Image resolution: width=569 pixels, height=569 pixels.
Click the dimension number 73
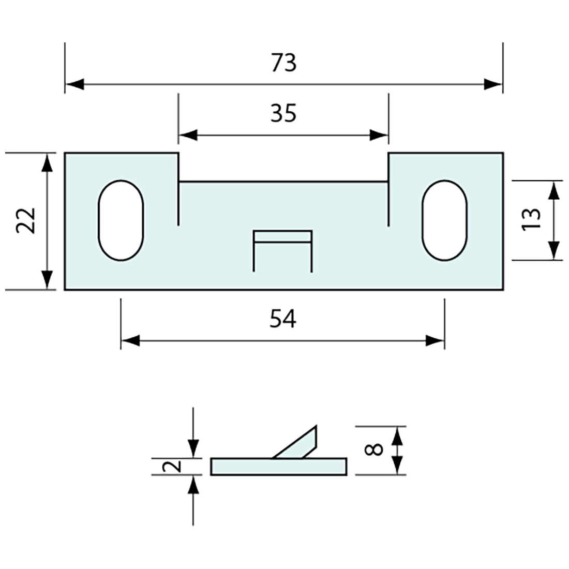click(283, 63)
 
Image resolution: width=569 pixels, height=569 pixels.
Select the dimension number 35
click(283, 113)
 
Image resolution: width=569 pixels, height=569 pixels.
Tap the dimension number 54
click(283, 319)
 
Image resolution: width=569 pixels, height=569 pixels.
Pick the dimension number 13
click(532, 220)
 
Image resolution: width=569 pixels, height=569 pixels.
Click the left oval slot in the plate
click(121, 220)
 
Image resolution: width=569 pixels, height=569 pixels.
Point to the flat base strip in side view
click(278, 467)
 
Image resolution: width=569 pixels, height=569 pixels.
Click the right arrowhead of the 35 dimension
click(379, 136)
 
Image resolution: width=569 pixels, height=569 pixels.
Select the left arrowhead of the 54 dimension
click(130, 341)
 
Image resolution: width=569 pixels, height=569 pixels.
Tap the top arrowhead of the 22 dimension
click(47, 162)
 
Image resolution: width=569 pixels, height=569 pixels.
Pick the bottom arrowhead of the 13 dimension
click(553, 251)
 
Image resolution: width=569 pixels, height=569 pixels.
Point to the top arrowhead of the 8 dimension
click(397, 436)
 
